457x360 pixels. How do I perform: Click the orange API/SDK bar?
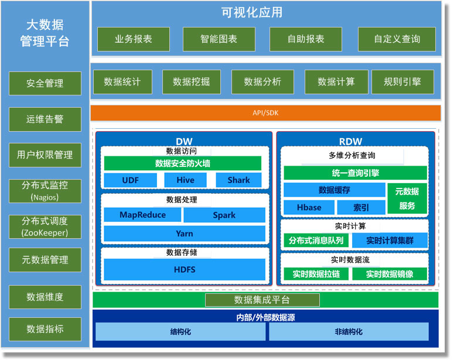point(265,113)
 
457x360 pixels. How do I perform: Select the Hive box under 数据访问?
point(185,180)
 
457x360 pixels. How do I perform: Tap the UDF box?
point(130,180)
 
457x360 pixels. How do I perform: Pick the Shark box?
point(238,180)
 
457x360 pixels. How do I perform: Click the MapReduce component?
point(142,215)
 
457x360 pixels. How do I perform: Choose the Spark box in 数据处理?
point(224,215)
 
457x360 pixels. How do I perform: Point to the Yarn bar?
point(185,234)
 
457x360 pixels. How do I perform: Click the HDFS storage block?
point(185,269)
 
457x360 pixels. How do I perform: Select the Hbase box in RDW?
point(309,207)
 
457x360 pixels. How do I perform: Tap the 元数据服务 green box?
point(407,198)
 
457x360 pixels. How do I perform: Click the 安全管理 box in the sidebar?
point(45,83)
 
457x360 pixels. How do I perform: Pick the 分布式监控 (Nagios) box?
point(45,191)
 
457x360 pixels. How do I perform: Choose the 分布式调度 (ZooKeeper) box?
point(45,227)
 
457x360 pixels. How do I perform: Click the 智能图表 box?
point(219,39)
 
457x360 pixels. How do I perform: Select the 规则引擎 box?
point(403,82)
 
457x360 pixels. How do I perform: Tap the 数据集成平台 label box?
point(262,300)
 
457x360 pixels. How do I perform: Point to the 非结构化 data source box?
point(349,331)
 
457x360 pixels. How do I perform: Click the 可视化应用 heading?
point(252,12)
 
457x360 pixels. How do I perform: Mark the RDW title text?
point(350,142)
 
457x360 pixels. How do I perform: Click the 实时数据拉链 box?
point(316,274)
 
